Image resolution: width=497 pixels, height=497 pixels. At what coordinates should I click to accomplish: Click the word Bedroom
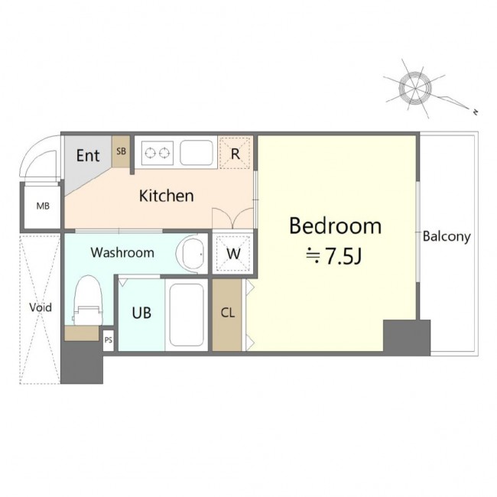click(x=336, y=226)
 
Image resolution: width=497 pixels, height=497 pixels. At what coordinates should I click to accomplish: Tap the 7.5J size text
click(x=343, y=256)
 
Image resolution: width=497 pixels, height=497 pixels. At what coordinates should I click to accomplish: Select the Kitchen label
click(x=167, y=196)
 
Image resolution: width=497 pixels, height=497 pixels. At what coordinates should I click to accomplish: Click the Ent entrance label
click(x=88, y=155)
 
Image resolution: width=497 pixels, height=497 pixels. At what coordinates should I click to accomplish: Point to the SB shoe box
click(x=121, y=151)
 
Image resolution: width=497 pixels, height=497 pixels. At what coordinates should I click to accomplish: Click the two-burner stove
click(x=158, y=153)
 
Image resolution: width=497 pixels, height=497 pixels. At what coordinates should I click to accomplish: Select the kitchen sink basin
click(x=197, y=153)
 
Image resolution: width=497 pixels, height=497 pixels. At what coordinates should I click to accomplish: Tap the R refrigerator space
click(x=235, y=153)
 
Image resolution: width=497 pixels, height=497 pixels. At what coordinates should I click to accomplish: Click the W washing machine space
click(x=233, y=253)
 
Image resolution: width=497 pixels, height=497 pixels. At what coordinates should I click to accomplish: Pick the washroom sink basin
click(x=192, y=254)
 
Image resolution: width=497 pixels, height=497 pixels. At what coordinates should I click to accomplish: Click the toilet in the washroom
click(x=88, y=300)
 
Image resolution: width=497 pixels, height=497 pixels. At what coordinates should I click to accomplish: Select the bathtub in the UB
click(x=187, y=315)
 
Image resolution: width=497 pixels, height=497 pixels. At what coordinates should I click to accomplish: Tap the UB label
click(x=141, y=313)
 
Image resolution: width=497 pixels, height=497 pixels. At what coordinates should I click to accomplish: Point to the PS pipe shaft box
click(x=109, y=340)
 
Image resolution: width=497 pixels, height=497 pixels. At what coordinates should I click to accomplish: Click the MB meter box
click(x=43, y=206)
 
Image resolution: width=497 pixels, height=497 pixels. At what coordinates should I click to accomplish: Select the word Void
click(x=41, y=307)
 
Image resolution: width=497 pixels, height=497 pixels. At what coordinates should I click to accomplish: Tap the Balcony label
click(x=447, y=236)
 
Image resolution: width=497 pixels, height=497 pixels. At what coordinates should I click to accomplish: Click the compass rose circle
click(x=415, y=88)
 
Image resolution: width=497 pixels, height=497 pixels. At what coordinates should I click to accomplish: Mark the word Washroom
click(x=122, y=252)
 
